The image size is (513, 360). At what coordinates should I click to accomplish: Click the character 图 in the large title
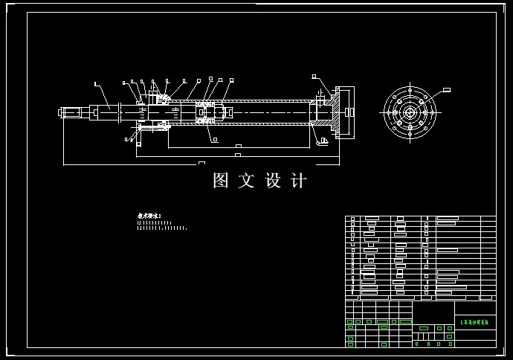(x=221, y=181)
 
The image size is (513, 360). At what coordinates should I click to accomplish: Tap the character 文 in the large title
(x=246, y=181)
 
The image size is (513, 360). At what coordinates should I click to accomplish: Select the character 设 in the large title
(x=271, y=181)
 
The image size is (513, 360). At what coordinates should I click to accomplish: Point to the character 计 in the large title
(x=297, y=181)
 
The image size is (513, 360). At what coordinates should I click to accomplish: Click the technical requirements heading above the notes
(x=149, y=216)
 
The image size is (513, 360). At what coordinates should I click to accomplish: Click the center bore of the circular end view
(x=410, y=112)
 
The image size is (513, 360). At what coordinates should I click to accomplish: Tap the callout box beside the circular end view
(x=447, y=89)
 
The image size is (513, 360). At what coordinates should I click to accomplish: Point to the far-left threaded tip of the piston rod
(x=60, y=113)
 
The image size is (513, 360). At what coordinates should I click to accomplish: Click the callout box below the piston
(x=213, y=138)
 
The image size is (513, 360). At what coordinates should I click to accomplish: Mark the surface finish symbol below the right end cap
(x=323, y=140)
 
